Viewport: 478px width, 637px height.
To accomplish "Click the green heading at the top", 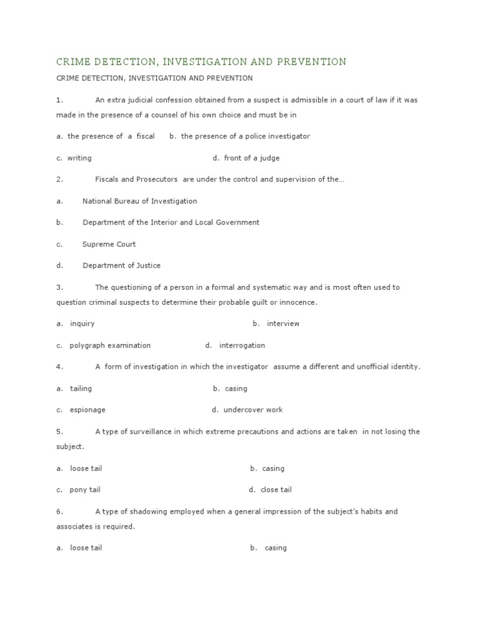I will [201, 62].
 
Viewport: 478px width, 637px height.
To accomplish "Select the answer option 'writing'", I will [79, 158].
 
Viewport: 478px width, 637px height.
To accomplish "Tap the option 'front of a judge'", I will [251, 158].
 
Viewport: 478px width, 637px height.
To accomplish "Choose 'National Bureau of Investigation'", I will [139, 201].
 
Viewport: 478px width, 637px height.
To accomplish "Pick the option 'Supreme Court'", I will [109, 244].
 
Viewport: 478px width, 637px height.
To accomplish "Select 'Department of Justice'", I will [121, 266].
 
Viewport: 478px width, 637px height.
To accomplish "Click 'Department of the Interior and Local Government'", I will [171, 222].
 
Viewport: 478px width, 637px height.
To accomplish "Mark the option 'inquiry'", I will [82, 323].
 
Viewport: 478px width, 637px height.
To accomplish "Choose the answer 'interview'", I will [283, 323].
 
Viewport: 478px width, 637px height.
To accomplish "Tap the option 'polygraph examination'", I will [110, 345].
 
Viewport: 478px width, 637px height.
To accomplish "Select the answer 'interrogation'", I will [242, 345].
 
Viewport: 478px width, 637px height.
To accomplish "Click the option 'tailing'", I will [81, 388].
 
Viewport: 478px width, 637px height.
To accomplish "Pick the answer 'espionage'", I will [88, 410].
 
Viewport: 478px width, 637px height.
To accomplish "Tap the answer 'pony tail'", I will [85, 490].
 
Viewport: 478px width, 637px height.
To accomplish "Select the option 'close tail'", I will [276, 490].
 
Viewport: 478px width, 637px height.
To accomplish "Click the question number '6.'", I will [60, 511].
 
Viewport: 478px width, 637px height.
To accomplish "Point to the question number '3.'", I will [60, 287].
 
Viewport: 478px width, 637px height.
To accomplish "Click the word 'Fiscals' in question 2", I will [107, 179].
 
